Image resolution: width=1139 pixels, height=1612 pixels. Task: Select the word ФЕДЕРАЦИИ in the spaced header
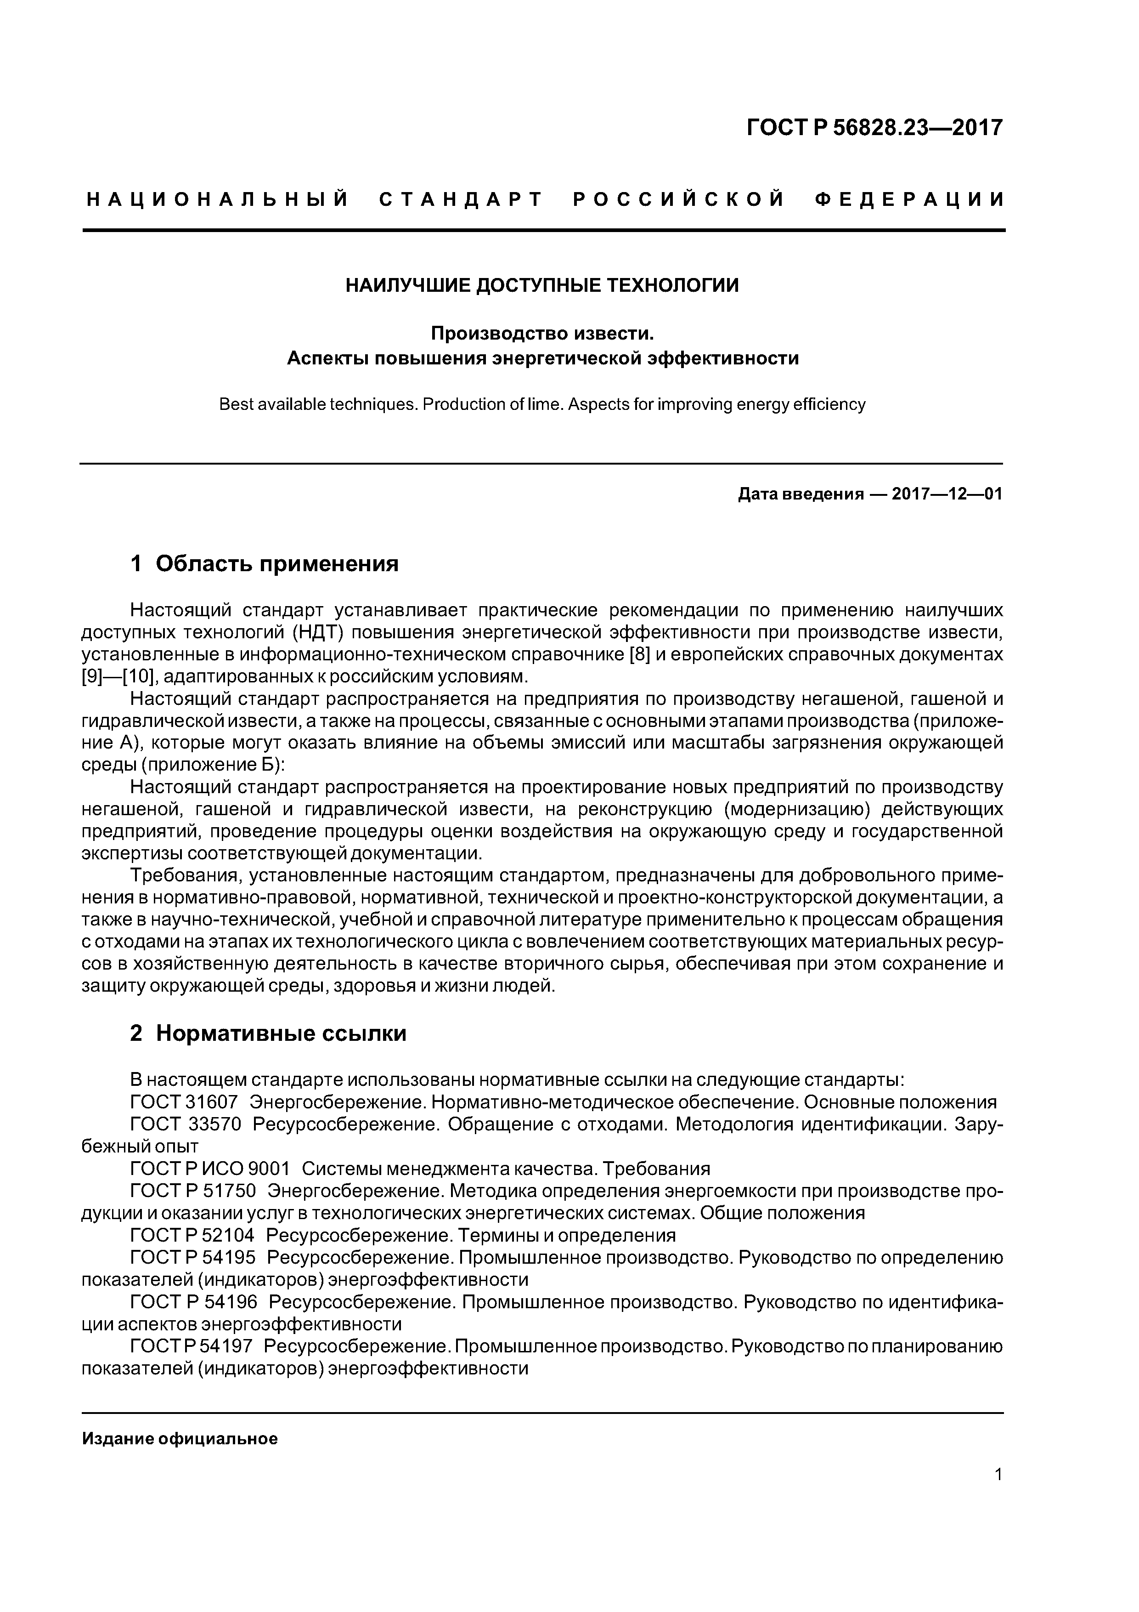coord(909,200)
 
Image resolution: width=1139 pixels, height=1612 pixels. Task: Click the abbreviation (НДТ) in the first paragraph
coord(317,633)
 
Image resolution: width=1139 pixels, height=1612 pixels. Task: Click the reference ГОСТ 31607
coord(184,1102)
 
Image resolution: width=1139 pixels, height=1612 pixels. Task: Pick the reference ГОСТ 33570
coord(185,1125)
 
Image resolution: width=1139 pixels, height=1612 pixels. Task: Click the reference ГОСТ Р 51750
coord(193,1192)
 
